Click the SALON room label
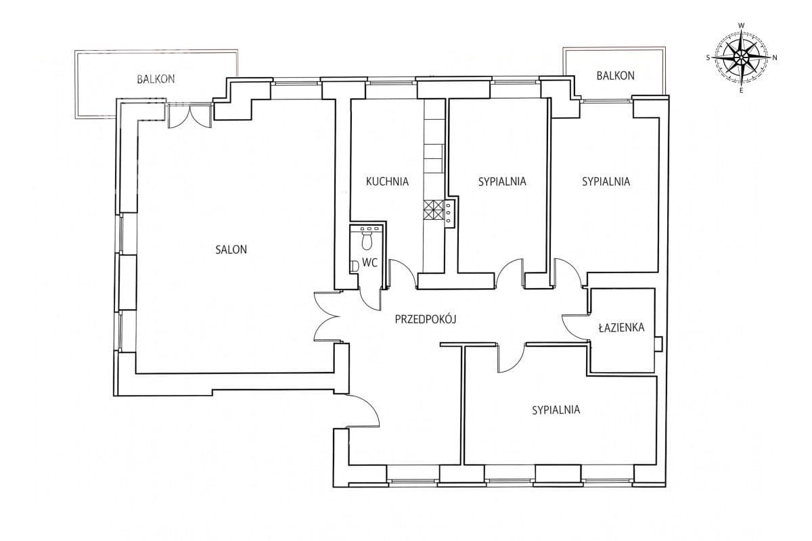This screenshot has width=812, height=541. coord(231,250)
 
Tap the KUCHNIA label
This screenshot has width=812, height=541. coord(387,181)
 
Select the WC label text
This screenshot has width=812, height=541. coord(369,262)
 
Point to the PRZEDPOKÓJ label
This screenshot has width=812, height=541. coord(425,319)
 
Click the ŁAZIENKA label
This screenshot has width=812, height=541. coord(621,327)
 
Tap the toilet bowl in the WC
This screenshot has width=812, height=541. coord(367,241)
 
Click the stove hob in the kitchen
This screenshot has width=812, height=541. coord(434,210)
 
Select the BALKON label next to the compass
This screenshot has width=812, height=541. coord(616,75)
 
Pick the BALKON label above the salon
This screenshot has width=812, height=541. coord(156,79)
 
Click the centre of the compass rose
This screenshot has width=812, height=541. coord(742,57)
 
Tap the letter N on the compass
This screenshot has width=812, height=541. coord(775,57)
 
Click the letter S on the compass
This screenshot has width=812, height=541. coord(708,57)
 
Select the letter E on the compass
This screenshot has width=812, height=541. coord(741,91)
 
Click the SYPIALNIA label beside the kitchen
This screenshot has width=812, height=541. coord(502,181)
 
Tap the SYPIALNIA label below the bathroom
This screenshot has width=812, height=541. coord(556,410)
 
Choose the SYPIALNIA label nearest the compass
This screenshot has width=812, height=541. coord(606,181)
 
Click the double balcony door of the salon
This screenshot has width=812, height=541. coord(190,116)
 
